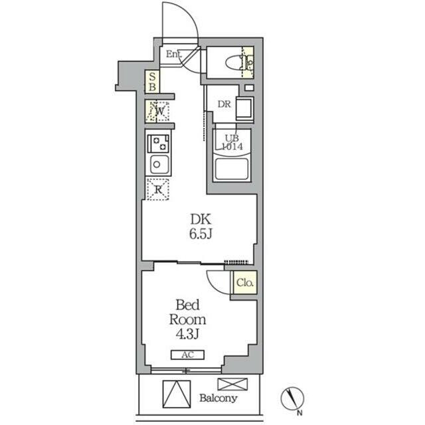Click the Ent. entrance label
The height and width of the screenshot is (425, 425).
pyautogui.click(x=174, y=54)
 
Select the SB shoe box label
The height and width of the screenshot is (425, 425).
pyautogui.click(x=152, y=82)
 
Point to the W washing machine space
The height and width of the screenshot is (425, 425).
pyautogui.click(x=158, y=111)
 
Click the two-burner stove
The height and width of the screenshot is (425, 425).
pyautogui.click(x=158, y=143)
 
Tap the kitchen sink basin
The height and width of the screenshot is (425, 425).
pyautogui.click(x=159, y=164)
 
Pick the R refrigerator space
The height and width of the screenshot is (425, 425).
pyautogui.click(x=158, y=189)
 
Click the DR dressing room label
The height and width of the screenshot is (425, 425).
pyautogui.click(x=224, y=104)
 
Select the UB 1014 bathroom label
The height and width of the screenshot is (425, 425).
pyautogui.click(x=232, y=142)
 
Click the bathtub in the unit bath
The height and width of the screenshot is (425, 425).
pyautogui.click(x=232, y=169)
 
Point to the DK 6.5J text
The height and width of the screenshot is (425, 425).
pyautogui.click(x=201, y=226)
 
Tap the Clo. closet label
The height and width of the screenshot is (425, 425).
pyautogui.click(x=245, y=283)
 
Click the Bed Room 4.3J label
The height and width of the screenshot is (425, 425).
pyautogui.click(x=187, y=319)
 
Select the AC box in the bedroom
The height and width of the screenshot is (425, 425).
pyautogui.click(x=187, y=355)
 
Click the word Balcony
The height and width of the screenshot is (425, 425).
pyautogui.click(x=218, y=398)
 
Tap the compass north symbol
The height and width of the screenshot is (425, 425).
pyautogui.click(x=292, y=398)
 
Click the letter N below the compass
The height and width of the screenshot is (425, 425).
pyautogui.click(x=299, y=414)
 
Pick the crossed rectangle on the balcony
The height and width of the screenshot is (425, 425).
pyautogui.click(x=232, y=384)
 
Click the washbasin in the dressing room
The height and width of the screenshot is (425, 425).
pyautogui.click(x=245, y=108)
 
